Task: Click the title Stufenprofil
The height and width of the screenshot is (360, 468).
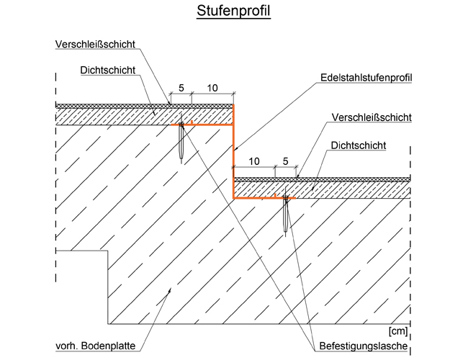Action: [x=233, y=12]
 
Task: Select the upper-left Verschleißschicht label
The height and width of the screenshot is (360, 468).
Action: [x=95, y=44]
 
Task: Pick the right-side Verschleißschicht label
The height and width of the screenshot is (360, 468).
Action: [x=372, y=117]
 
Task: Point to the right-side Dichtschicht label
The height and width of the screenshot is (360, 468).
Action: [x=359, y=145]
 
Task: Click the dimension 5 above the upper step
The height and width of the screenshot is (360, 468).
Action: [x=181, y=88]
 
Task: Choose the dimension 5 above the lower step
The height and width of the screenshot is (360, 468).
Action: [x=285, y=161]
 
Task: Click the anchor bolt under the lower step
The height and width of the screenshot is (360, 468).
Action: [x=287, y=214]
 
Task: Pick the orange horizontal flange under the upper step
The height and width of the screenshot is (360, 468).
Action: [x=205, y=125]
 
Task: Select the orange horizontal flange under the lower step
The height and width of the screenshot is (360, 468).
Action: [x=256, y=197]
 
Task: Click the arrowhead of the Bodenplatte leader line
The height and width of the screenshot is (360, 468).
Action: [x=170, y=288]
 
